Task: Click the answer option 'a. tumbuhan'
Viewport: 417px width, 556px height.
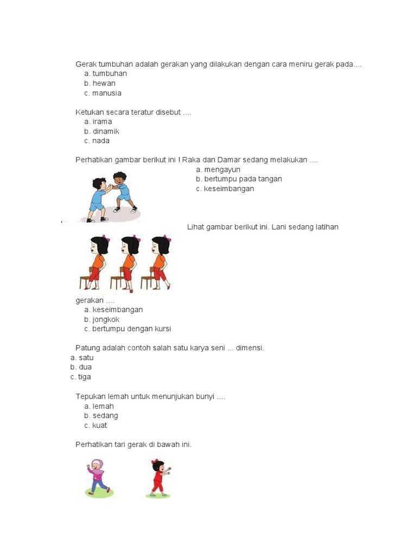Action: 105,74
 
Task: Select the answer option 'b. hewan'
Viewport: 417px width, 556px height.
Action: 99,84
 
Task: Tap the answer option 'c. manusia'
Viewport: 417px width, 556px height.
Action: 103,93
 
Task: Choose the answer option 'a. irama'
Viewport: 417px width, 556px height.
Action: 98,122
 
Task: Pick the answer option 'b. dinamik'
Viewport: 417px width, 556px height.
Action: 102,131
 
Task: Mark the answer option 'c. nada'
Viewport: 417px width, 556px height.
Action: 97,141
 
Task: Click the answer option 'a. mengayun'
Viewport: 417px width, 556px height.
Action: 218,170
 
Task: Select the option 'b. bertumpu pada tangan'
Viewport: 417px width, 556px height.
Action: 239,179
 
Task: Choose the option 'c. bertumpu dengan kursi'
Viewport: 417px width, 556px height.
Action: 128,329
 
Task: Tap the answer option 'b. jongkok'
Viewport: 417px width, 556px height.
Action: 102,320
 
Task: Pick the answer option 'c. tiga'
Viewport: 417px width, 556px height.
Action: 81,377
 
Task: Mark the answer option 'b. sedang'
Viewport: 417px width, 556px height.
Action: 101,416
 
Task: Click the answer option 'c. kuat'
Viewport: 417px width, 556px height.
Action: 96,426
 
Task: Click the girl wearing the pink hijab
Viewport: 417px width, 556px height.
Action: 98,478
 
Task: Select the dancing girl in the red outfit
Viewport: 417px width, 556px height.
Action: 159,478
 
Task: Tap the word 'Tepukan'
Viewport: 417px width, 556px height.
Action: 91,397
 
